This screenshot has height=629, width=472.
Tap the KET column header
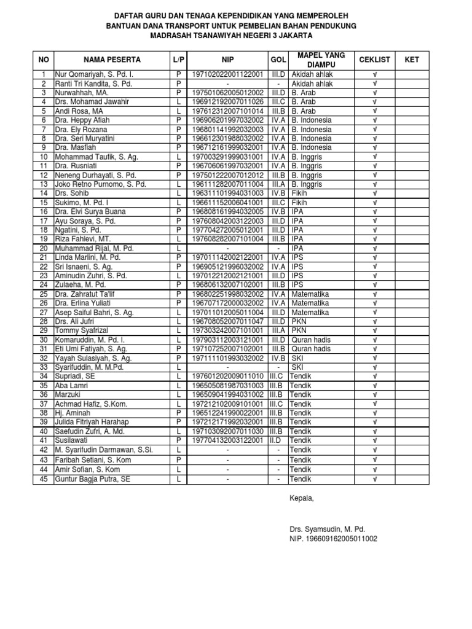411,60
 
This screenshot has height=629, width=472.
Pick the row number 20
44,249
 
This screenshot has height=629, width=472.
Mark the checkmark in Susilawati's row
374,441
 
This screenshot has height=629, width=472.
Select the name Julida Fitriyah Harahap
98,423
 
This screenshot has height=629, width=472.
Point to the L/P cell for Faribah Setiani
178,460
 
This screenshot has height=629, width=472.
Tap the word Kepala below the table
301,498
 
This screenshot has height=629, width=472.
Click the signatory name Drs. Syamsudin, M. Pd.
328,529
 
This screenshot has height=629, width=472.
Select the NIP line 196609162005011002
334,539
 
